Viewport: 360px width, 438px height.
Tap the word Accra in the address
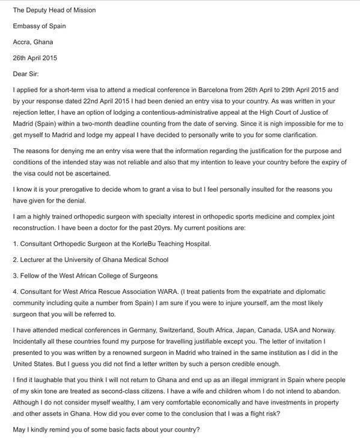click(23, 42)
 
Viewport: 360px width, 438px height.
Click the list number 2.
click(15, 260)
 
